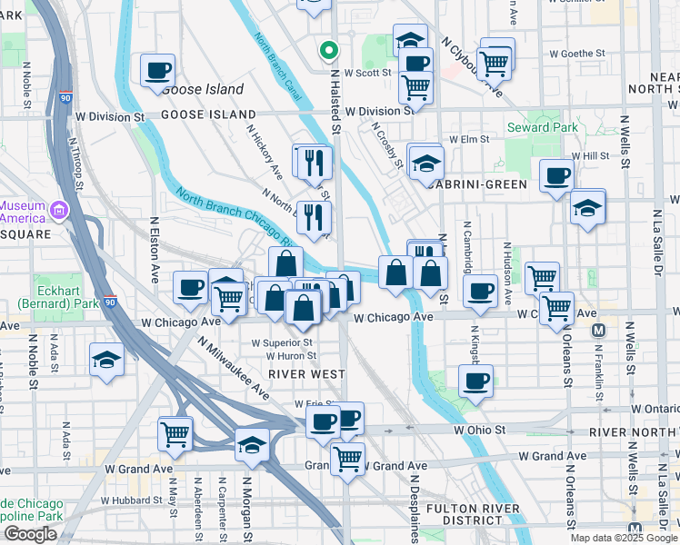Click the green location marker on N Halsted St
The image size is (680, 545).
click(x=328, y=51)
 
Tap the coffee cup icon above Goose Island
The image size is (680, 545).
click(x=158, y=70)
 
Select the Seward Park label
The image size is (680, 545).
click(x=543, y=128)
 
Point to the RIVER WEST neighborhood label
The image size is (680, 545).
click(x=306, y=374)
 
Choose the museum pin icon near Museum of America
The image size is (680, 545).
click(x=60, y=211)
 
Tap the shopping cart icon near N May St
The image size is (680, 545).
click(x=175, y=432)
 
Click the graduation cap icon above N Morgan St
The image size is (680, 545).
click(x=252, y=445)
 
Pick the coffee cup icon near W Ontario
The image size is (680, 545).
click(x=475, y=381)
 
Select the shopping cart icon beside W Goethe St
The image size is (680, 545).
click(x=495, y=62)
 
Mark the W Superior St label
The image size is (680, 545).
click(x=283, y=343)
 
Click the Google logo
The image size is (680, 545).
click(x=30, y=534)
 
